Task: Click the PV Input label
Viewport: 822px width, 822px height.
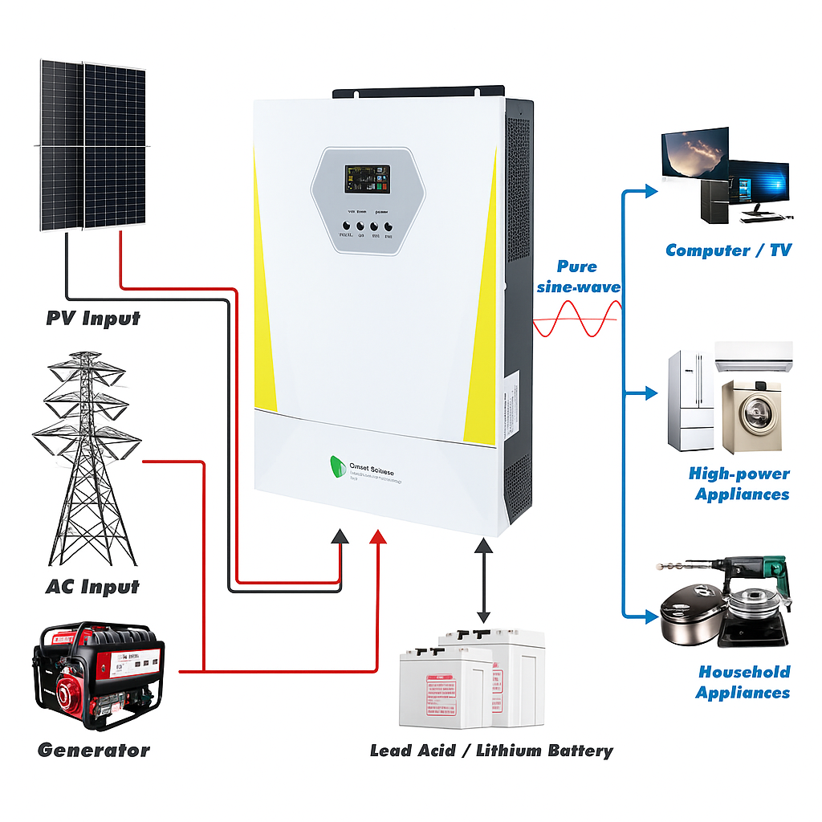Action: [92, 319]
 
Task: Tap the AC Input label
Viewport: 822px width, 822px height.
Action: [92, 587]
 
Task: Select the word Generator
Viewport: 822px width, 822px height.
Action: [93, 751]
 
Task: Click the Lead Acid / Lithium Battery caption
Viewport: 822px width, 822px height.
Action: [490, 751]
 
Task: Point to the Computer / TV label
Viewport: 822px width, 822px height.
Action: [728, 250]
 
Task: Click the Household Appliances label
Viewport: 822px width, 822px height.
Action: [743, 682]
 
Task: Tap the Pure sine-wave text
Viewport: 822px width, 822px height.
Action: [588, 277]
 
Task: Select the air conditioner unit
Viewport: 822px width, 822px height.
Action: [753, 356]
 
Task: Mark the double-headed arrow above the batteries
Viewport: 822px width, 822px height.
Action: [483, 581]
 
